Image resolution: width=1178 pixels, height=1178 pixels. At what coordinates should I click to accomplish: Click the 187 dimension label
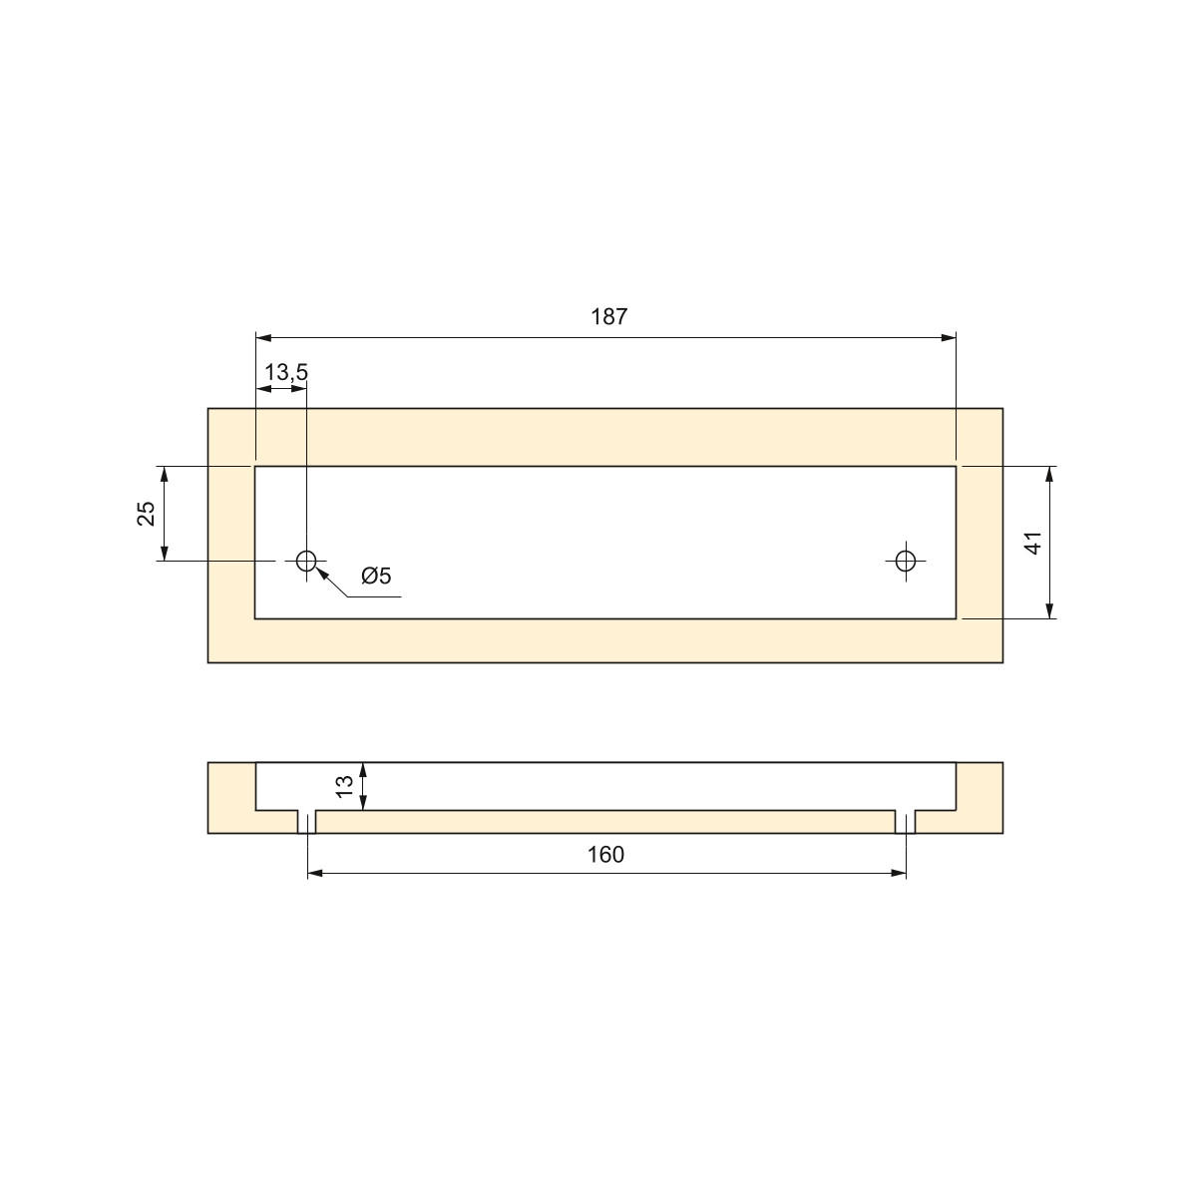click(608, 317)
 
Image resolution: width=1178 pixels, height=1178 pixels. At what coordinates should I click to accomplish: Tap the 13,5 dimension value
click(286, 372)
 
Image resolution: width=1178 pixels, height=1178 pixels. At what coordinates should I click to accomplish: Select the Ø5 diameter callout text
click(376, 577)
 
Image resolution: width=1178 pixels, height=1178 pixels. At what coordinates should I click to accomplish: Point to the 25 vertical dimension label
click(147, 513)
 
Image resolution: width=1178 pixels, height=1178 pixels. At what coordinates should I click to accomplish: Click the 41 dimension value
click(1033, 543)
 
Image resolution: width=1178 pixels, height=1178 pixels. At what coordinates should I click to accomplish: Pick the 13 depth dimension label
click(344, 786)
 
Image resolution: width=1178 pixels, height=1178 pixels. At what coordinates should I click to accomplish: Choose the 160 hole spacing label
click(605, 855)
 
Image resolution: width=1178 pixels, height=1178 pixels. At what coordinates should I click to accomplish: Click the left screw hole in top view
click(306, 561)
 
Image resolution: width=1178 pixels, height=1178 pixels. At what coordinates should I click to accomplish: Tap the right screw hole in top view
click(906, 561)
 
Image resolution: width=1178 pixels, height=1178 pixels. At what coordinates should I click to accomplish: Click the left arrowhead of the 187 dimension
click(263, 338)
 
